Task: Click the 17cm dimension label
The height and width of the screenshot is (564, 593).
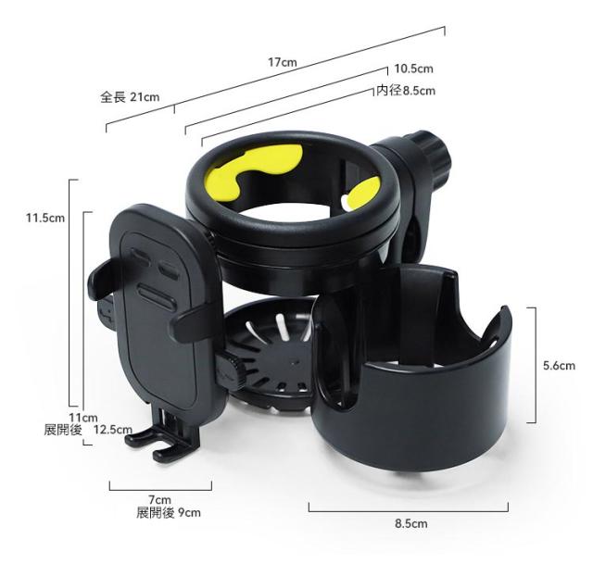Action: (282, 62)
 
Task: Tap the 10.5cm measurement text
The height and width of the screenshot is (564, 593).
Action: (414, 69)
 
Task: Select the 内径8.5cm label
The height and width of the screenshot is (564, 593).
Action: (406, 91)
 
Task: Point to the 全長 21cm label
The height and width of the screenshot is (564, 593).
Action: (130, 97)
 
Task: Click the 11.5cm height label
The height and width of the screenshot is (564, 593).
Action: (45, 218)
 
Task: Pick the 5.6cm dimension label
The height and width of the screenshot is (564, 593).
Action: (559, 366)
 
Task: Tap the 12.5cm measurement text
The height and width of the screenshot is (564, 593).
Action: (113, 430)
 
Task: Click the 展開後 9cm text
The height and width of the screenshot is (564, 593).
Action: (169, 513)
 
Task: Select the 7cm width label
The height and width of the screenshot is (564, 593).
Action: (159, 500)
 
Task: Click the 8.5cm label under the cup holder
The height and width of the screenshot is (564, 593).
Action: (411, 523)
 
